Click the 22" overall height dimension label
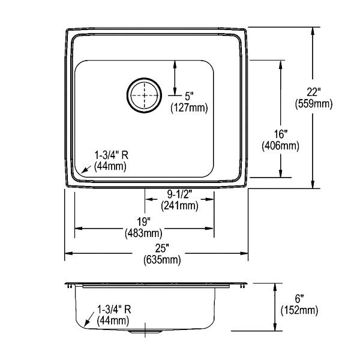[x=313, y=92]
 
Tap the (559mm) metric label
[x=314, y=104]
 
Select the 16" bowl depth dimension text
[x=281, y=134]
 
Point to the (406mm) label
[x=281, y=146]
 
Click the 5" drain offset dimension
[x=189, y=96]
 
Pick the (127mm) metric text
[x=189, y=107]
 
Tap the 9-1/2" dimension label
[x=179, y=194]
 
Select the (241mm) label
[x=179, y=206]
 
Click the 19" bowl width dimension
[x=144, y=222]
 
